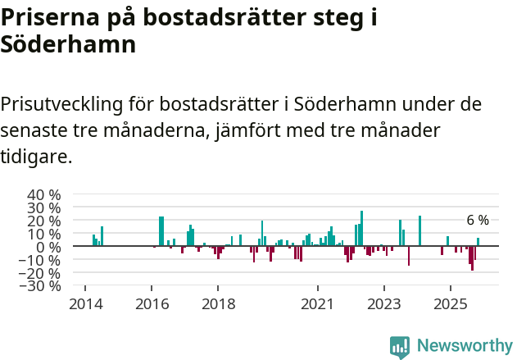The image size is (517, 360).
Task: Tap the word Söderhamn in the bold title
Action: point(68,45)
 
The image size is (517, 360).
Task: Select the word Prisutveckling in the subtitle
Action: point(61,104)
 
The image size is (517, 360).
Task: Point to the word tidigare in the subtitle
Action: point(35,156)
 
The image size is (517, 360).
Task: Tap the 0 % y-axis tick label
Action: point(49,247)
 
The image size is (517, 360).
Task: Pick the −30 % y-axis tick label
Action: point(40,286)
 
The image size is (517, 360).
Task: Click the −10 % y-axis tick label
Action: point(40,260)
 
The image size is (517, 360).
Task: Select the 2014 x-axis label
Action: point(84,303)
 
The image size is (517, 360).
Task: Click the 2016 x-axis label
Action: point(151,303)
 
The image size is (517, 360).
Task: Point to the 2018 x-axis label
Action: point(217,303)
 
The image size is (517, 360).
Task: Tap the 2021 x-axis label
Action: point(317,303)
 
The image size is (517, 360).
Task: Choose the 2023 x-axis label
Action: point(383,303)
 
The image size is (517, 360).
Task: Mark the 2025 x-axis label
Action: point(450,303)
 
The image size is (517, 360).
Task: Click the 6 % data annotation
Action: point(478,220)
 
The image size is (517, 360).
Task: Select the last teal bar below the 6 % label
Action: point(478,242)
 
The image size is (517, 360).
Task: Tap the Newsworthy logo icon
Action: point(400,346)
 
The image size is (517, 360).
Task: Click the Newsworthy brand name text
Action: point(465,346)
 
